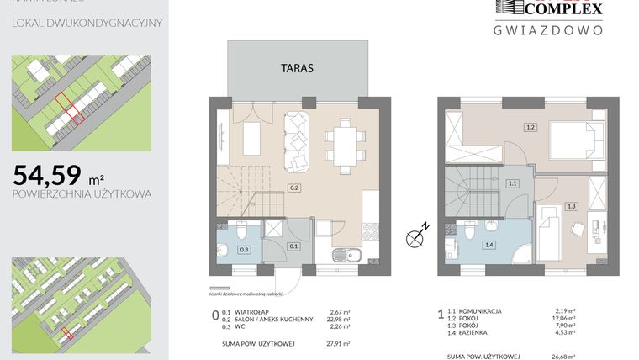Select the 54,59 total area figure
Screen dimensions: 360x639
click(x=48, y=175)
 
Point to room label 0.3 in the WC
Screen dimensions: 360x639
click(x=244, y=249)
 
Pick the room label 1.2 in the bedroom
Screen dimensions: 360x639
click(x=530, y=128)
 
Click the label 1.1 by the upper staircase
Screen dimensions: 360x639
click(x=511, y=182)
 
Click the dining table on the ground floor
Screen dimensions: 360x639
click(x=346, y=140)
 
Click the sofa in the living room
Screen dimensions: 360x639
click(x=298, y=139)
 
